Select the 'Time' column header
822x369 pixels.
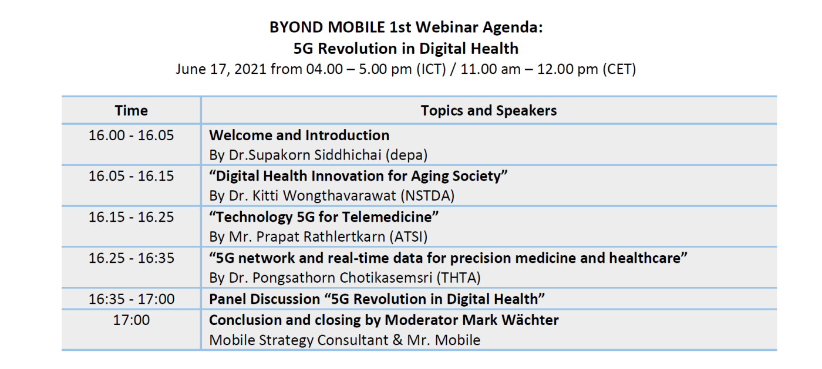pos(131,110)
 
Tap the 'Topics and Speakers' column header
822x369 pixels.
pos(489,110)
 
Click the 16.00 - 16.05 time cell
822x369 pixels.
pos(131,136)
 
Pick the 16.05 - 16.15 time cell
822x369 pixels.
pos(131,176)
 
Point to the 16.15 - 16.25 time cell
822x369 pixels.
pos(131,217)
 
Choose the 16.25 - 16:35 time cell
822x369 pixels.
pos(131,258)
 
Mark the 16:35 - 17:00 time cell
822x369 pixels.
pos(131,299)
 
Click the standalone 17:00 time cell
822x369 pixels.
pos(131,320)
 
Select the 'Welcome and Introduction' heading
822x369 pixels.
pos(299,136)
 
